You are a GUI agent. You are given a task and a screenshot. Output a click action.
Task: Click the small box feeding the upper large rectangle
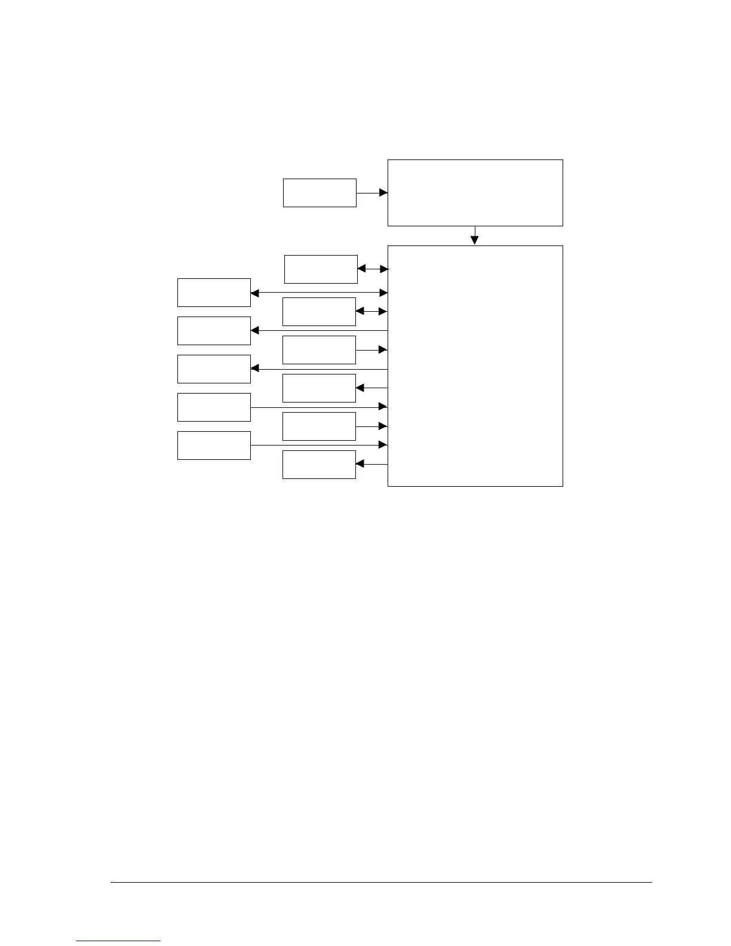click(x=320, y=193)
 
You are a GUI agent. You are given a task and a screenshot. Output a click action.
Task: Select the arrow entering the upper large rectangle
click(x=372, y=193)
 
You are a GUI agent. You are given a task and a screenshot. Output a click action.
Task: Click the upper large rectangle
click(x=475, y=193)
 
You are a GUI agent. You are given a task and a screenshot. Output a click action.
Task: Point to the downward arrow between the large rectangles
click(x=475, y=236)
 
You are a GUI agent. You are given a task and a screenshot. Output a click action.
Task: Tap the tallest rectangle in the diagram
click(x=475, y=365)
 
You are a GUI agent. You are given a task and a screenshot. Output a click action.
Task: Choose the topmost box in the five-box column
click(x=214, y=293)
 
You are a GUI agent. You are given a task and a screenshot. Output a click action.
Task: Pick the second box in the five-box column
click(x=214, y=331)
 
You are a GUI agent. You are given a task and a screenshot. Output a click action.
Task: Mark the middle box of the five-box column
click(x=214, y=369)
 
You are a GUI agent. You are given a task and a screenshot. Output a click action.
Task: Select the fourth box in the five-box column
click(x=214, y=407)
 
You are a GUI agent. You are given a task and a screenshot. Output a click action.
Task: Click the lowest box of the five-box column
click(x=214, y=446)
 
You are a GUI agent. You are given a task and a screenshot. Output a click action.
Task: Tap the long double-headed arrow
click(x=320, y=293)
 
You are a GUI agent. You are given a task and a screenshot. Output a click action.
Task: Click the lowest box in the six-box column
click(x=319, y=465)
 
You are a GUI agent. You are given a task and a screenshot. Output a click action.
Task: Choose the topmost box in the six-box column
click(x=321, y=269)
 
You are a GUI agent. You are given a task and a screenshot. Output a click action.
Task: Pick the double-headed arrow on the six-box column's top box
click(x=373, y=269)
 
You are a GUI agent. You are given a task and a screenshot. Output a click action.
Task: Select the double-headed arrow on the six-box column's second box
click(x=371, y=311)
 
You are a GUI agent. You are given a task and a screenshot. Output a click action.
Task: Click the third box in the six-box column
click(x=319, y=350)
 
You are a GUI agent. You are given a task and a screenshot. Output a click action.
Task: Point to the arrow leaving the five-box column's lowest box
click(x=320, y=445)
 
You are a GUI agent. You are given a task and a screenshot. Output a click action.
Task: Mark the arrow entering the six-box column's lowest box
click(x=371, y=464)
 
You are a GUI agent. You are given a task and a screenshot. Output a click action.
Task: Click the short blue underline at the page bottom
click(x=118, y=941)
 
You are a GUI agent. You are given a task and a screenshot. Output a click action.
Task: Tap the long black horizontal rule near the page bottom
click(x=381, y=882)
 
